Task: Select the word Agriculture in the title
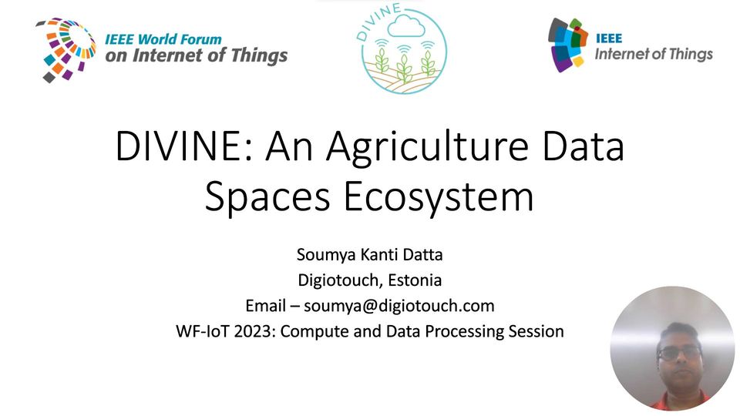[x=427, y=148]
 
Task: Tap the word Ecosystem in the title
[x=439, y=198]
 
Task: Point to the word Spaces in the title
[x=267, y=198]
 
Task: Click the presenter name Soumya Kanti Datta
[x=369, y=255]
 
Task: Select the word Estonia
[x=415, y=280]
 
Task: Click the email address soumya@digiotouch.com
[x=399, y=306]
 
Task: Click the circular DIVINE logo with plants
[x=403, y=49]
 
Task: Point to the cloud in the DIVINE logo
[x=405, y=26]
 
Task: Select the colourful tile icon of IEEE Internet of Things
[x=568, y=45]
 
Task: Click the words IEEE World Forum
[x=163, y=39]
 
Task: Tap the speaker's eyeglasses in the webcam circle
[x=679, y=353]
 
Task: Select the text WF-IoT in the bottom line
[x=203, y=331]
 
